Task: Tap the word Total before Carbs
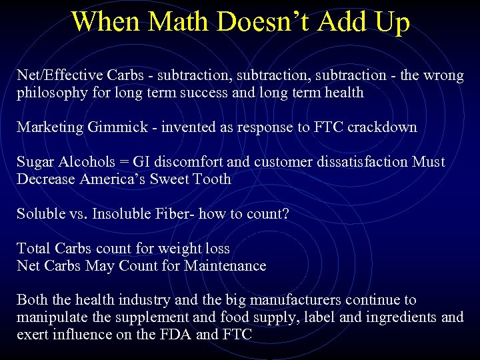34,249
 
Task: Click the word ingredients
393,317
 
